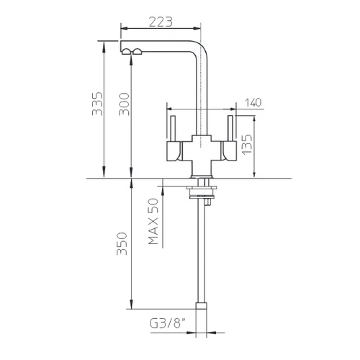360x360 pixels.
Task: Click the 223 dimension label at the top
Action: click(161, 22)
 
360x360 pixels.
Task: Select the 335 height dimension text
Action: click(97, 104)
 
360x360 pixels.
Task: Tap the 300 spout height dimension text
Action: click(124, 104)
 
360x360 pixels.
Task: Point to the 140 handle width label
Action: click(253, 102)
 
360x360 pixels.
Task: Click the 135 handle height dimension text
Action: click(247, 144)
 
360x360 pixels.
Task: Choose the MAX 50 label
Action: click(153, 221)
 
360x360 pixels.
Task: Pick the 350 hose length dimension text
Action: click(122, 243)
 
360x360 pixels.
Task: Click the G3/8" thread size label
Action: click(168, 323)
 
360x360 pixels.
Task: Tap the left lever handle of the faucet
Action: click(174, 138)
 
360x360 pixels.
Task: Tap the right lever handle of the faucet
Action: click(229, 138)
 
